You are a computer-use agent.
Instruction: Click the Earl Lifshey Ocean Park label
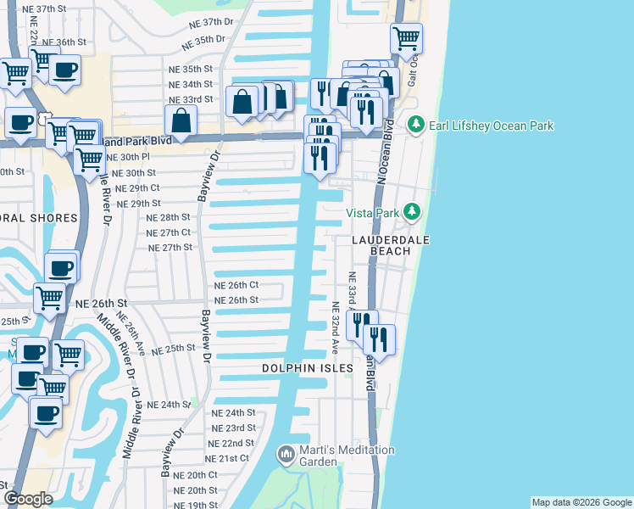coord(492,126)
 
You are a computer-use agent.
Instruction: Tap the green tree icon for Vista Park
coord(412,211)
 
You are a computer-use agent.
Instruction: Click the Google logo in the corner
coord(28,498)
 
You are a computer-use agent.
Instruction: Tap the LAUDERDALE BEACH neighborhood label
coord(391,246)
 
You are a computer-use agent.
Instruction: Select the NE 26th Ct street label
coord(236,285)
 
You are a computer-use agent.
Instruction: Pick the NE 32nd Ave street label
coord(336,328)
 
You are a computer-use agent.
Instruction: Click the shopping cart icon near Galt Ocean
coord(406,38)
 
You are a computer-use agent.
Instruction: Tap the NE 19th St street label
coord(196,505)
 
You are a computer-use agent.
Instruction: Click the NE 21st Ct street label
coord(227,458)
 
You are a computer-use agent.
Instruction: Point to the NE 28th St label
coord(168,217)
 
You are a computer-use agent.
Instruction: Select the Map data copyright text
coord(581,502)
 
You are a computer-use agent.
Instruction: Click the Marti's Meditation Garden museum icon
coord(286,456)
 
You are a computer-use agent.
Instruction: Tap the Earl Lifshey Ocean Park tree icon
coord(415,126)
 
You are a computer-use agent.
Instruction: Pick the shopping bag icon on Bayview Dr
coord(181,120)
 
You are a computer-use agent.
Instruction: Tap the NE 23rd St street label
coord(233,428)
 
